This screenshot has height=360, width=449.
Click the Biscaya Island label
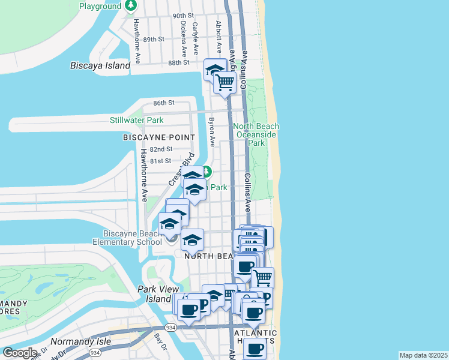click(x=100, y=65)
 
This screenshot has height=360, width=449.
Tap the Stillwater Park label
click(x=137, y=120)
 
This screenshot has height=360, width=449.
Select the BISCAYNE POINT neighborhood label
click(x=159, y=137)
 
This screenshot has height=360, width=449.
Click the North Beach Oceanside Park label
click(x=256, y=134)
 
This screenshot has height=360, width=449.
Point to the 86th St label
click(x=163, y=103)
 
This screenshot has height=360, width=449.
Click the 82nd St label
click(x=161, y=149)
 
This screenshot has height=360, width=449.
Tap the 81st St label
click(x=161, y=161)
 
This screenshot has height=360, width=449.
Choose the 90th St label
click(x=183, y=16)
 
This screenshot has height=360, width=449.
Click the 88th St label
click(x=179, y=62)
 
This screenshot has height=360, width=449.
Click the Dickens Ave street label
click(x=183, y=37)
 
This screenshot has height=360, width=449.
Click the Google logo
click(x=20, y=352)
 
